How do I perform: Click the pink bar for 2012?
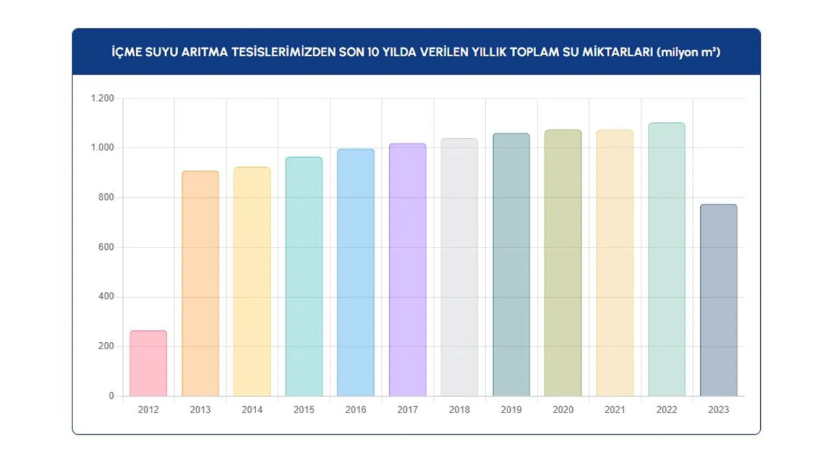[148, 364]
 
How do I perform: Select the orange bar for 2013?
[200, 284]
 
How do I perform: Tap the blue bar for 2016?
[355, 273]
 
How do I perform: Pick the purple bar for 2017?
[408, 270]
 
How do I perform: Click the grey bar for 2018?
[459, 268]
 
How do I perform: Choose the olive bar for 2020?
[563, 263]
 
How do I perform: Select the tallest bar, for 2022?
[667, 260]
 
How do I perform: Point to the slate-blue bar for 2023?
[718, 300]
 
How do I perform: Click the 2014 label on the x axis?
[252, 410]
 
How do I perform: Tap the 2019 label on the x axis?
[511, 410]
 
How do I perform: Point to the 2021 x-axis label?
[615, 410]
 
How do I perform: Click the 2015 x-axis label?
[304, 410]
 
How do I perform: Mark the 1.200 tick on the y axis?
[102, 99]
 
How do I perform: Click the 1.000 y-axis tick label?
[102, 148]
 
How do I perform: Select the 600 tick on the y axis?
[106, 247]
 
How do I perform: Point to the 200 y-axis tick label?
[106, 347]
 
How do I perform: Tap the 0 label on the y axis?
[111, 396]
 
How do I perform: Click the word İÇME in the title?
[127, 52]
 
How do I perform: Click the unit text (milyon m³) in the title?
[689, 52]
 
